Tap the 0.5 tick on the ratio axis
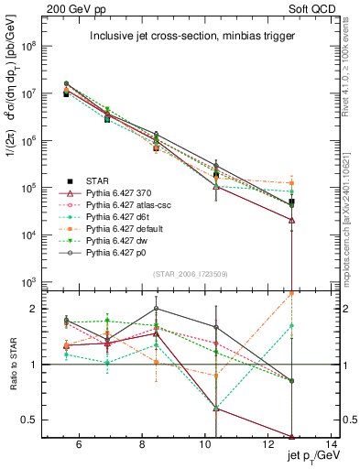(x=32, y=420)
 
